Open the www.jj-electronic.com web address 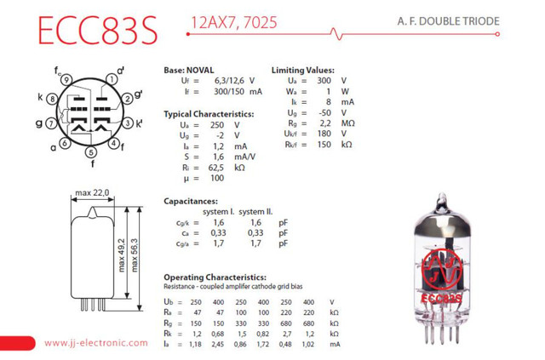click(95, 343)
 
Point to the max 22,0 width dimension click(94, 193)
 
